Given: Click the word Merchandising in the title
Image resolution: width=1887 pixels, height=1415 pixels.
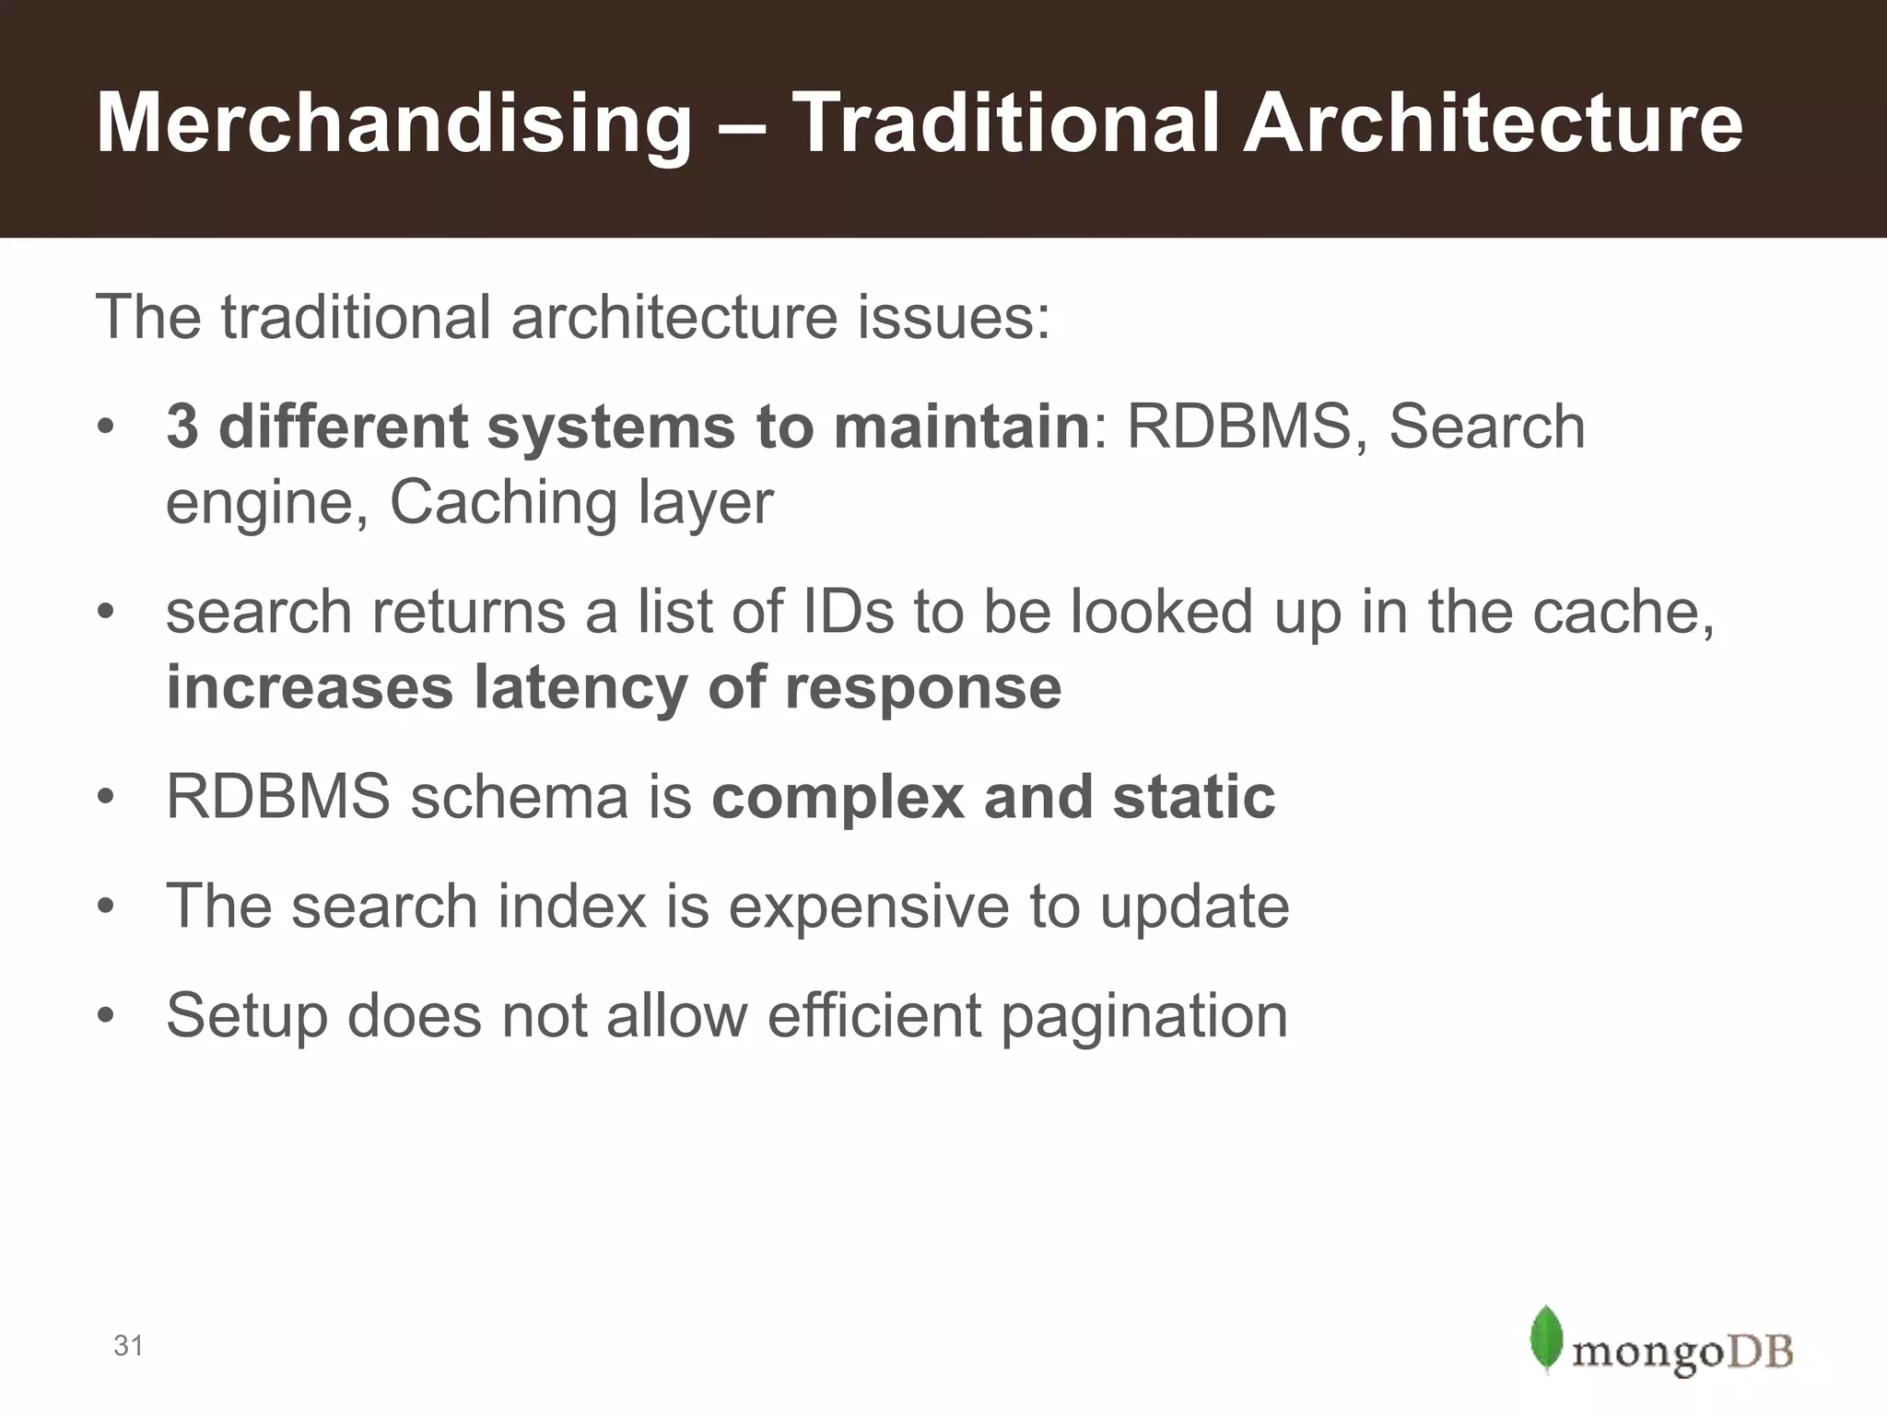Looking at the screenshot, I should (x=393, y=123).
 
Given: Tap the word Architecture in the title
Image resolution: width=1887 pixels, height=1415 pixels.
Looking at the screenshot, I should (x=1492, y=123).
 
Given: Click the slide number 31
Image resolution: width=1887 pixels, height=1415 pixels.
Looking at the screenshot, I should (x=128, y=1346).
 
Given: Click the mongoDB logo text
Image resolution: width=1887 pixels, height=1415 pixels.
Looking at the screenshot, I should (x=1682, y=1353).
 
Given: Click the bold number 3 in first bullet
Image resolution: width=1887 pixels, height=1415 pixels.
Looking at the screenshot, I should (x=182, y=427).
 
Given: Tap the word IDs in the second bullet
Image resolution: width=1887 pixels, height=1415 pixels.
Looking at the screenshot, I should (x=849, y=613).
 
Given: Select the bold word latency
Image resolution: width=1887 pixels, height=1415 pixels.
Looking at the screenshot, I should (x=580, y=688).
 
